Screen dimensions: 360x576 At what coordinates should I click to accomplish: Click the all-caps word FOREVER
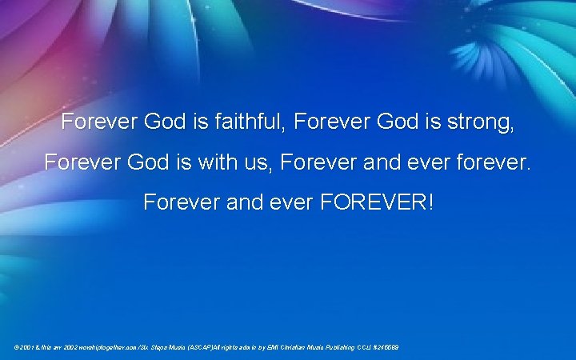pyautogui.click(x=377, y=202)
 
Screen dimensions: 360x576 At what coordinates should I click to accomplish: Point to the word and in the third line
pyautogui.click(x=245, y=202)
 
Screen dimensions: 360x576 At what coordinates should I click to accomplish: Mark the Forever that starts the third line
pyautogui.click(x=181, y=202)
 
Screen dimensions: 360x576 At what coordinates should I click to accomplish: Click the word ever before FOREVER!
pyautogui.click(x=291, y=202)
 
